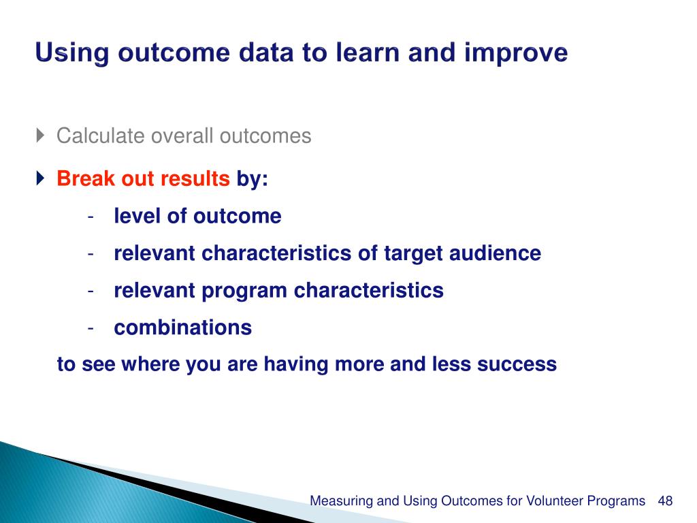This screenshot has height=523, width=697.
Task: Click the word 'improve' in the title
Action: [x=516, y=54]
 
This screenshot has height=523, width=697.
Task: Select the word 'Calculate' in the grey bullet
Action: [x=101, y=136]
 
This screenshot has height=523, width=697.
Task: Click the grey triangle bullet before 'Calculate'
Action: [x=40, y=135]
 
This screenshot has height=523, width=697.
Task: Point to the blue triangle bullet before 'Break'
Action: [x=40, y=178]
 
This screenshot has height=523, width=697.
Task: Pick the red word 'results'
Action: [x=195, y=179]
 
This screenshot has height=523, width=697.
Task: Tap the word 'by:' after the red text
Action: [x=252, y=180]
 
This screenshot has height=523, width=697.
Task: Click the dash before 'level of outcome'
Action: [x=91, y=217]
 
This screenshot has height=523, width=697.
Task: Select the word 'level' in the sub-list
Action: [x=137, y=216]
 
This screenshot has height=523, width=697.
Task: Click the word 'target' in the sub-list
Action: [x=413, y=254]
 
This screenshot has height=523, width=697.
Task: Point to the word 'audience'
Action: [x=496, y=253]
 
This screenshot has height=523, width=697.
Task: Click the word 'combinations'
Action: [x=182, y=328]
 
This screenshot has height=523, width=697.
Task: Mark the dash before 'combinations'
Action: [x=91, y=329]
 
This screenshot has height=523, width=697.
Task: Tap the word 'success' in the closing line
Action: [x=517, y=365]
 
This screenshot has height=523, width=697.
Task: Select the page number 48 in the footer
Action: [x=666, y=501]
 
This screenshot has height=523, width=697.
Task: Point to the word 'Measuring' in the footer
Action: [x=342, y=501]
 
